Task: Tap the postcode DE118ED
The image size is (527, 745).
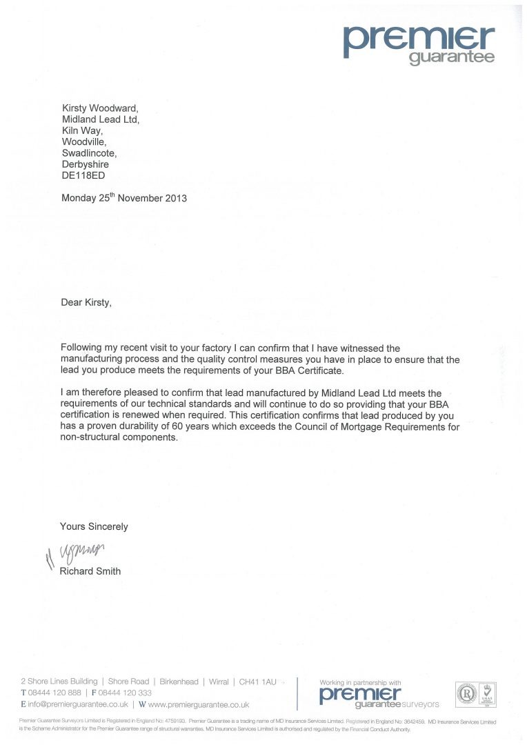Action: (x=85, y=177)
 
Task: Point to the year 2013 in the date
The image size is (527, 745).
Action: (x=174, y=198)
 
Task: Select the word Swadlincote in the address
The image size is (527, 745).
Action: (x=89, y=153)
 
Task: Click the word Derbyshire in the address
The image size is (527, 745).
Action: (x=85, y=165)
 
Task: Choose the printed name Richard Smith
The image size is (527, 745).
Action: (x=90, y=571)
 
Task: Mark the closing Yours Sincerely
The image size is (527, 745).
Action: (x=94, y=526)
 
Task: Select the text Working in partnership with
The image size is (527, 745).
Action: (x=360, y=683)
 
